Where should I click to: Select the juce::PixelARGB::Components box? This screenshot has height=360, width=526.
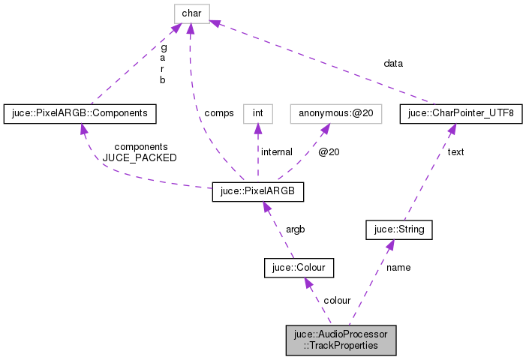[80, 114]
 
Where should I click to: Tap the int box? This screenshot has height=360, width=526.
[257, 114]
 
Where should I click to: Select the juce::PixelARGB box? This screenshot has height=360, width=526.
[258, 191]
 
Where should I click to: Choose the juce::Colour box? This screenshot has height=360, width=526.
[299, 268]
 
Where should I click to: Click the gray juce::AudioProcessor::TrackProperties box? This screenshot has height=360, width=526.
[341, 340]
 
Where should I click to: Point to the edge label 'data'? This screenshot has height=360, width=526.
[393, 64]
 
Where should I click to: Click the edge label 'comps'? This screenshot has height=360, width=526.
[219, 113]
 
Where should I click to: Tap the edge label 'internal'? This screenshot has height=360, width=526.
[276, 152]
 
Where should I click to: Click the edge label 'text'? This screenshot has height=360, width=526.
[455, 152]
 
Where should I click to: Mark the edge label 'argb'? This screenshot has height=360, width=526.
[295, 229]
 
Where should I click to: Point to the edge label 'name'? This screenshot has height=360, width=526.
[398, 266]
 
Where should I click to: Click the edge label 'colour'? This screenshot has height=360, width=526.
[337, 301]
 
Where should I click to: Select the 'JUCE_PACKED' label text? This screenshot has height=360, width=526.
[140, 158]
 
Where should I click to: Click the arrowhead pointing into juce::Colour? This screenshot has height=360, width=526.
[308, 283]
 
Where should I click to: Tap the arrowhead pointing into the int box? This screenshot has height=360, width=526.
[257, 129]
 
